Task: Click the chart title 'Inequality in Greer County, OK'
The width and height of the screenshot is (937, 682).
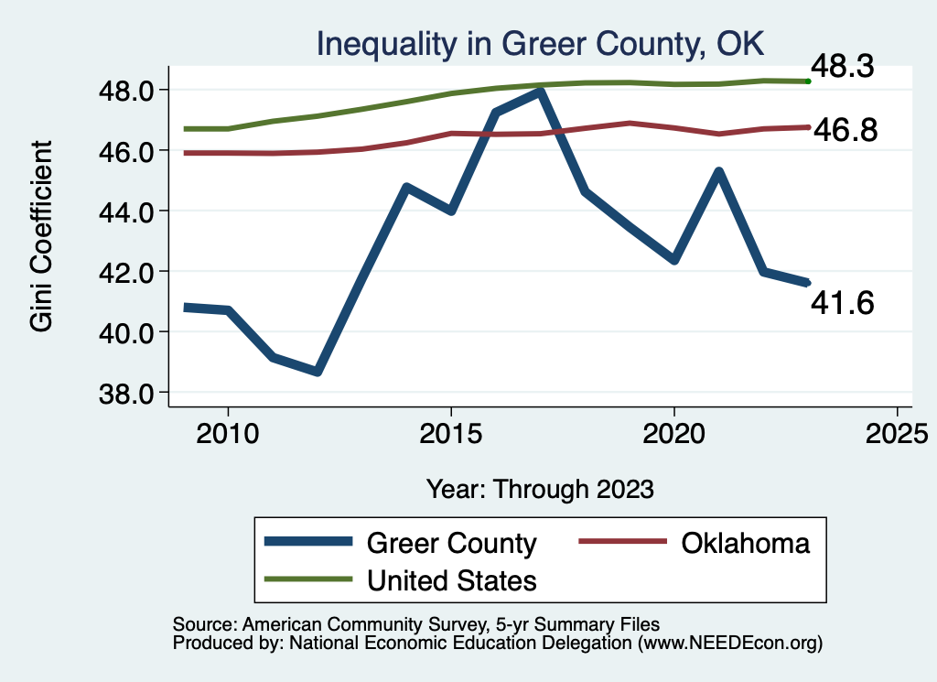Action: (539, 43)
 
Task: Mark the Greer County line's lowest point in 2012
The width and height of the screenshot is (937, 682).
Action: (317, 371)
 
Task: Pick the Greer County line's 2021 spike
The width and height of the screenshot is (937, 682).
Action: (719, 172)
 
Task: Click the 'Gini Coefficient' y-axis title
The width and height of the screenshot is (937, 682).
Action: (42, 236)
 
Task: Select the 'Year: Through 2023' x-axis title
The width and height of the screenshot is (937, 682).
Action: (541, 489)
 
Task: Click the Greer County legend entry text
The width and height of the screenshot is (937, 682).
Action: (451, 543)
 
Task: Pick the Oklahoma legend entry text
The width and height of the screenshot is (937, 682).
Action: (745, 543)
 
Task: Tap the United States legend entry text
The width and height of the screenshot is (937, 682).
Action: (451, 579)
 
